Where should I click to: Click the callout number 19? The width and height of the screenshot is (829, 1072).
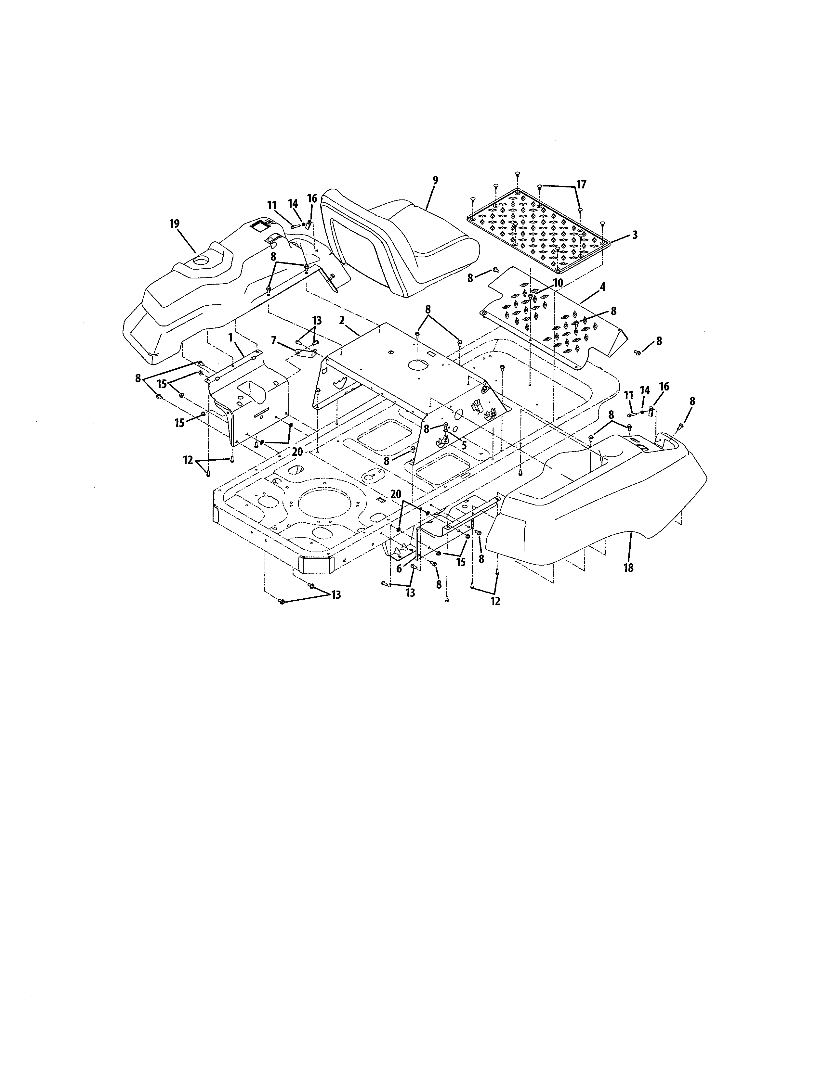[174, 224]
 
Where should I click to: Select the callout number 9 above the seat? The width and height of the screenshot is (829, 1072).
[435, 180]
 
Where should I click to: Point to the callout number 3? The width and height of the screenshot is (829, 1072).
[635, 235]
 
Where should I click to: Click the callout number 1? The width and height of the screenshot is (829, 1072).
[230, 338]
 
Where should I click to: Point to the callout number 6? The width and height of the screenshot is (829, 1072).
[399, 569]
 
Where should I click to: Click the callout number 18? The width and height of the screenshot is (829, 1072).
[628, 568]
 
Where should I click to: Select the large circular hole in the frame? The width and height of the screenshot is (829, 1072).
[324, 505]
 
